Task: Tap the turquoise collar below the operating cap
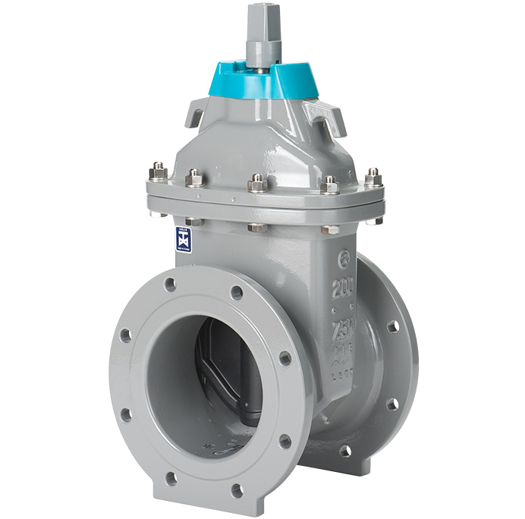262,81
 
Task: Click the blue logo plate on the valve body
184,239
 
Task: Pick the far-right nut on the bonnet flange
373,178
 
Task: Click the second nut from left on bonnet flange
195,178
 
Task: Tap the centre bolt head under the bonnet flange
257,226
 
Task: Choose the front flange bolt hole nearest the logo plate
170,285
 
